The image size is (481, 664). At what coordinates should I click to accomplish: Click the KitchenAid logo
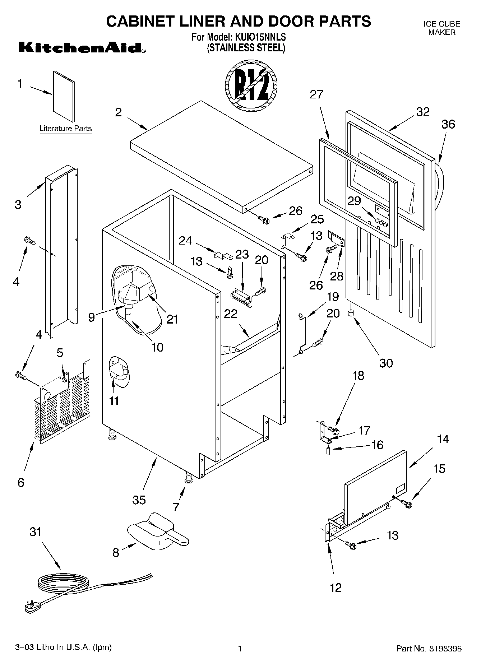point(82,48)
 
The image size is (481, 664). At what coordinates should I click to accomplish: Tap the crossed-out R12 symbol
point(251,85)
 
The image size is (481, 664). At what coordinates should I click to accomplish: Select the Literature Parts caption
point(65,129)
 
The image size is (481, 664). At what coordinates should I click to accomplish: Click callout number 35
point(139,500)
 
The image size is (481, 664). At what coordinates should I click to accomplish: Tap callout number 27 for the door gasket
point(316,94)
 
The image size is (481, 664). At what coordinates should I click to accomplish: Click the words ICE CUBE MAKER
point(441,28)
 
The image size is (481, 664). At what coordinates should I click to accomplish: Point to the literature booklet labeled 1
point(64,96)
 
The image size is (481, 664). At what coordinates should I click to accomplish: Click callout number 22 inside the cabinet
point(231,314)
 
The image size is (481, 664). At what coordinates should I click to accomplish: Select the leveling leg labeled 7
point(189,478)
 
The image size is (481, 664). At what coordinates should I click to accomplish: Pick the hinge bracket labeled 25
point(286,240)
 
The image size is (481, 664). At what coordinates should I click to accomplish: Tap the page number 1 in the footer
point(240,649)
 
